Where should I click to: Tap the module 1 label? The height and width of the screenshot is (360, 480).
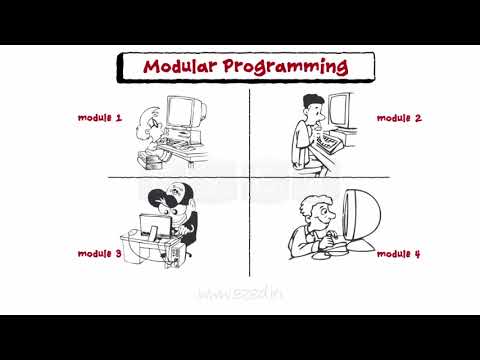click(x=100, y=118)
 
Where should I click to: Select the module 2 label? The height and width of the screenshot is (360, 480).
click(x=399, y=118)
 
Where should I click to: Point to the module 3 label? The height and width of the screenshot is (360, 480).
click(x=100, y=254)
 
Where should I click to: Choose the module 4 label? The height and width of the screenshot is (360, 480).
click(x=399, y=254)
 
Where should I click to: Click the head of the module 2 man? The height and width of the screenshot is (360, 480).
click(x=313, y=105)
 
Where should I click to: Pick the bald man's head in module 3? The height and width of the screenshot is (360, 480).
click(x=178, y=192)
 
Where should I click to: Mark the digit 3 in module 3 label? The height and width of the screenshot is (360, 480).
click(x=118, y=254)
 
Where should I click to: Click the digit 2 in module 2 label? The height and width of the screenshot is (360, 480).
click(x=418, y=118)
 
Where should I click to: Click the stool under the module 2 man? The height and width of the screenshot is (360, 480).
click(x=300, y=162)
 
